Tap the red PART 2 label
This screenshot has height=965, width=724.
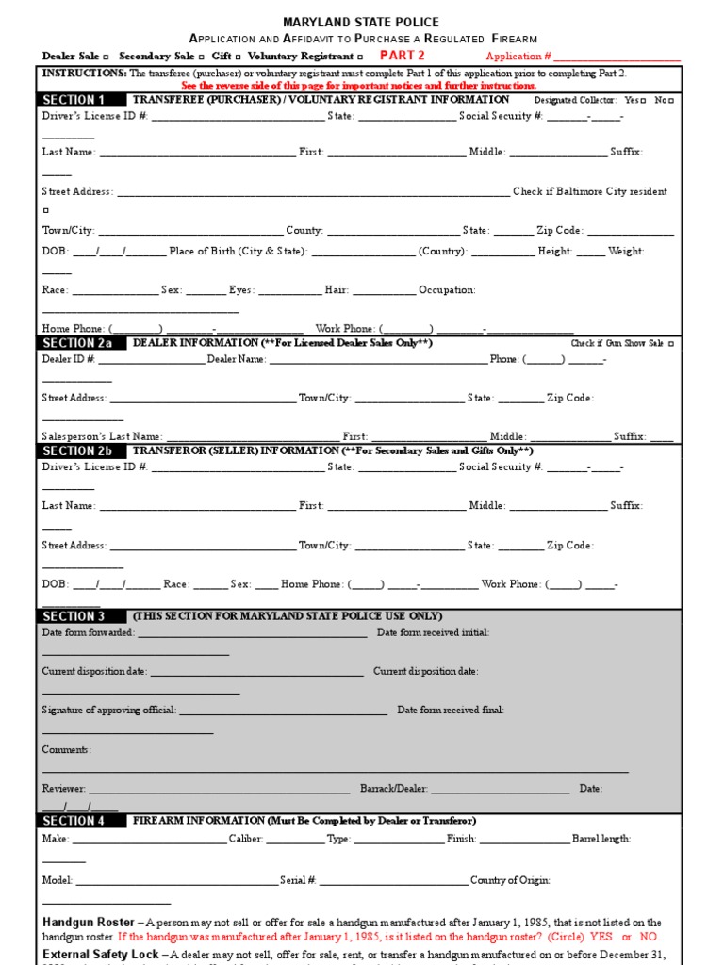(x=402, y=56)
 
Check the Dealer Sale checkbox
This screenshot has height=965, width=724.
(x=105, y=57)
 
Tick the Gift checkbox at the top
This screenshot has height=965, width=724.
(x=238, y=57)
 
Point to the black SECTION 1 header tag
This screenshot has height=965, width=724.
(x=78, y=100)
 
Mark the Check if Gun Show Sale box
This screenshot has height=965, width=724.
(x=670, y=344)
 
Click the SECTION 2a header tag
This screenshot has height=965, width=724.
(x=78, y=344)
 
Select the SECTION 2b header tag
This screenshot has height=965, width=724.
(x=78, y=451)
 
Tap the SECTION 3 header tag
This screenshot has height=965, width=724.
(x=78, y=616)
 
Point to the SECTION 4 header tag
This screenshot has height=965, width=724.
(x=78, y=821)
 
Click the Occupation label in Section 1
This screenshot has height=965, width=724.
(x=447, y=290)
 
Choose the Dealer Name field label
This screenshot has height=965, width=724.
(x=237, y=359)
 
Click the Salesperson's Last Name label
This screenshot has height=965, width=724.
(x=102, y=436)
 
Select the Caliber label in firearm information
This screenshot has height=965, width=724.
(x=245, y=839)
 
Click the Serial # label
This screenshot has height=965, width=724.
(x=298, y=880)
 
